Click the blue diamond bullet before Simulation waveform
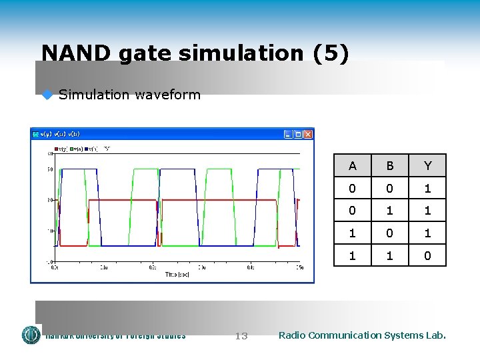47,95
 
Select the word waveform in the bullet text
167,95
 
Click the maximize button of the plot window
297,134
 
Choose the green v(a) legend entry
76,149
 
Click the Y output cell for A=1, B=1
427,255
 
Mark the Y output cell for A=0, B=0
427,188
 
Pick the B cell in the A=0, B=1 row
389,211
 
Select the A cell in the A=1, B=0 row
352,233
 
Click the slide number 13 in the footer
241,336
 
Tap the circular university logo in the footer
31,335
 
